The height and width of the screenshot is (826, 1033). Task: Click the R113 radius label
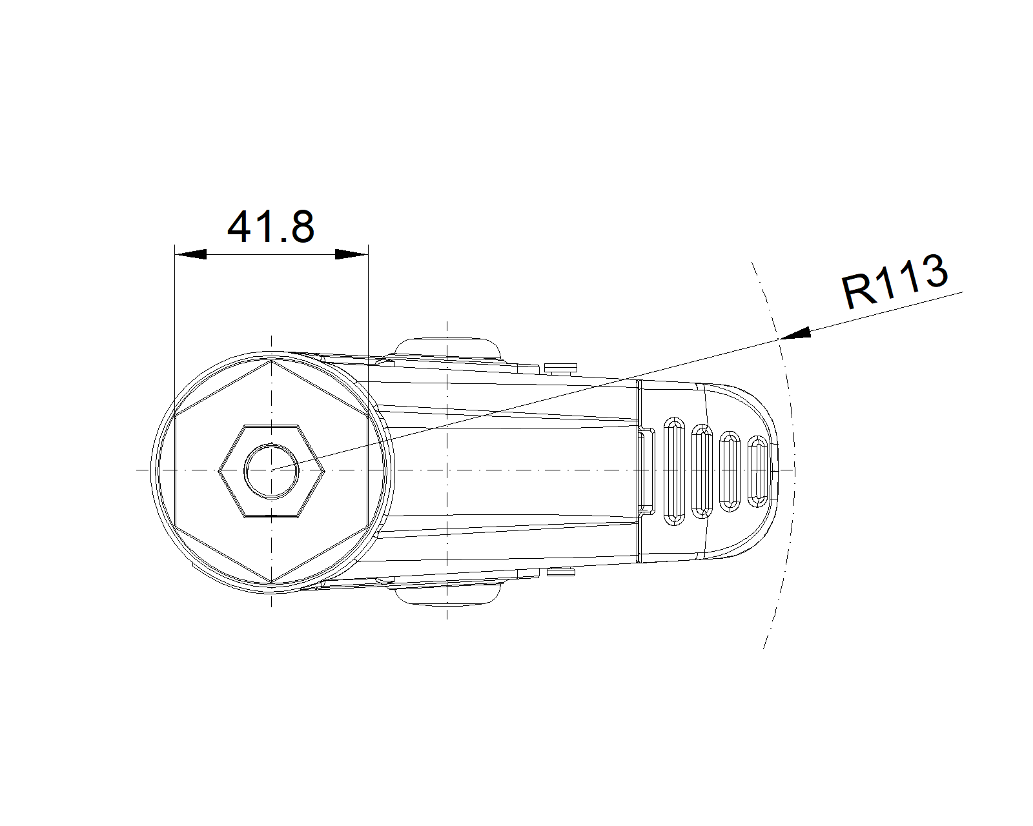pos(895,282)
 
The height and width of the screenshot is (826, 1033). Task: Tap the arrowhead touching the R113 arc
pos(795,334)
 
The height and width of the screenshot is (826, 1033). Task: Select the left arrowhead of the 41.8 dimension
pos(191,254)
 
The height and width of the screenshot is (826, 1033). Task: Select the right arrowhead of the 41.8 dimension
pos(352,254)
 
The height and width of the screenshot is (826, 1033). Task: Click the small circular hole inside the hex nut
pos(271,470)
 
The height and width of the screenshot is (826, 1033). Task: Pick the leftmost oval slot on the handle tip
pos(674,469)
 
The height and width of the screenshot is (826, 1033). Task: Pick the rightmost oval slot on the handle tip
pos(758,470)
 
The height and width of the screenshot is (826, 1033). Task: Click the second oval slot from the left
pos(702,470)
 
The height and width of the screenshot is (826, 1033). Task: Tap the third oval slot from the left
pos(730,471)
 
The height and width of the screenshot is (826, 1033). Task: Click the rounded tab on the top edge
pos(448,348)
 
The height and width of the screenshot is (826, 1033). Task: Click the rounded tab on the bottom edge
pos(448,594)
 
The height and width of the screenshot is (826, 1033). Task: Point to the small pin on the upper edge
pos(560,368)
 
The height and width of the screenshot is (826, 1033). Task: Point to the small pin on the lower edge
pos(560,572)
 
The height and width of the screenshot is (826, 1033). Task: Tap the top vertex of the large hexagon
pos(272,360)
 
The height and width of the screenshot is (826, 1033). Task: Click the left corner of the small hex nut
pos(220,470)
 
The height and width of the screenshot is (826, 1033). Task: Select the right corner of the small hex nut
pos(323,470)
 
